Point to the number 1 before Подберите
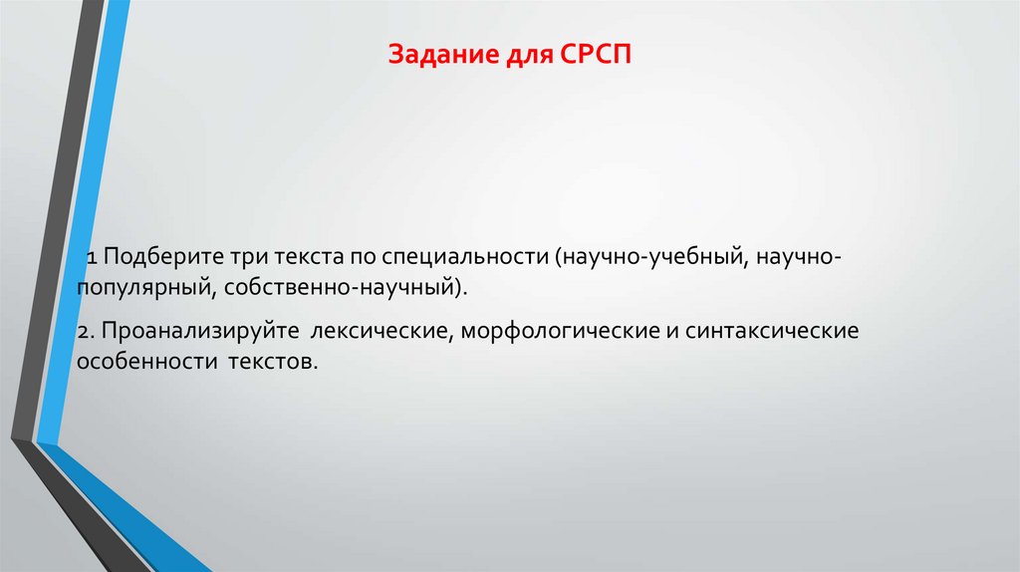coord(90,258)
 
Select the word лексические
coord(380,330)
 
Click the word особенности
coord(143,360)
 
